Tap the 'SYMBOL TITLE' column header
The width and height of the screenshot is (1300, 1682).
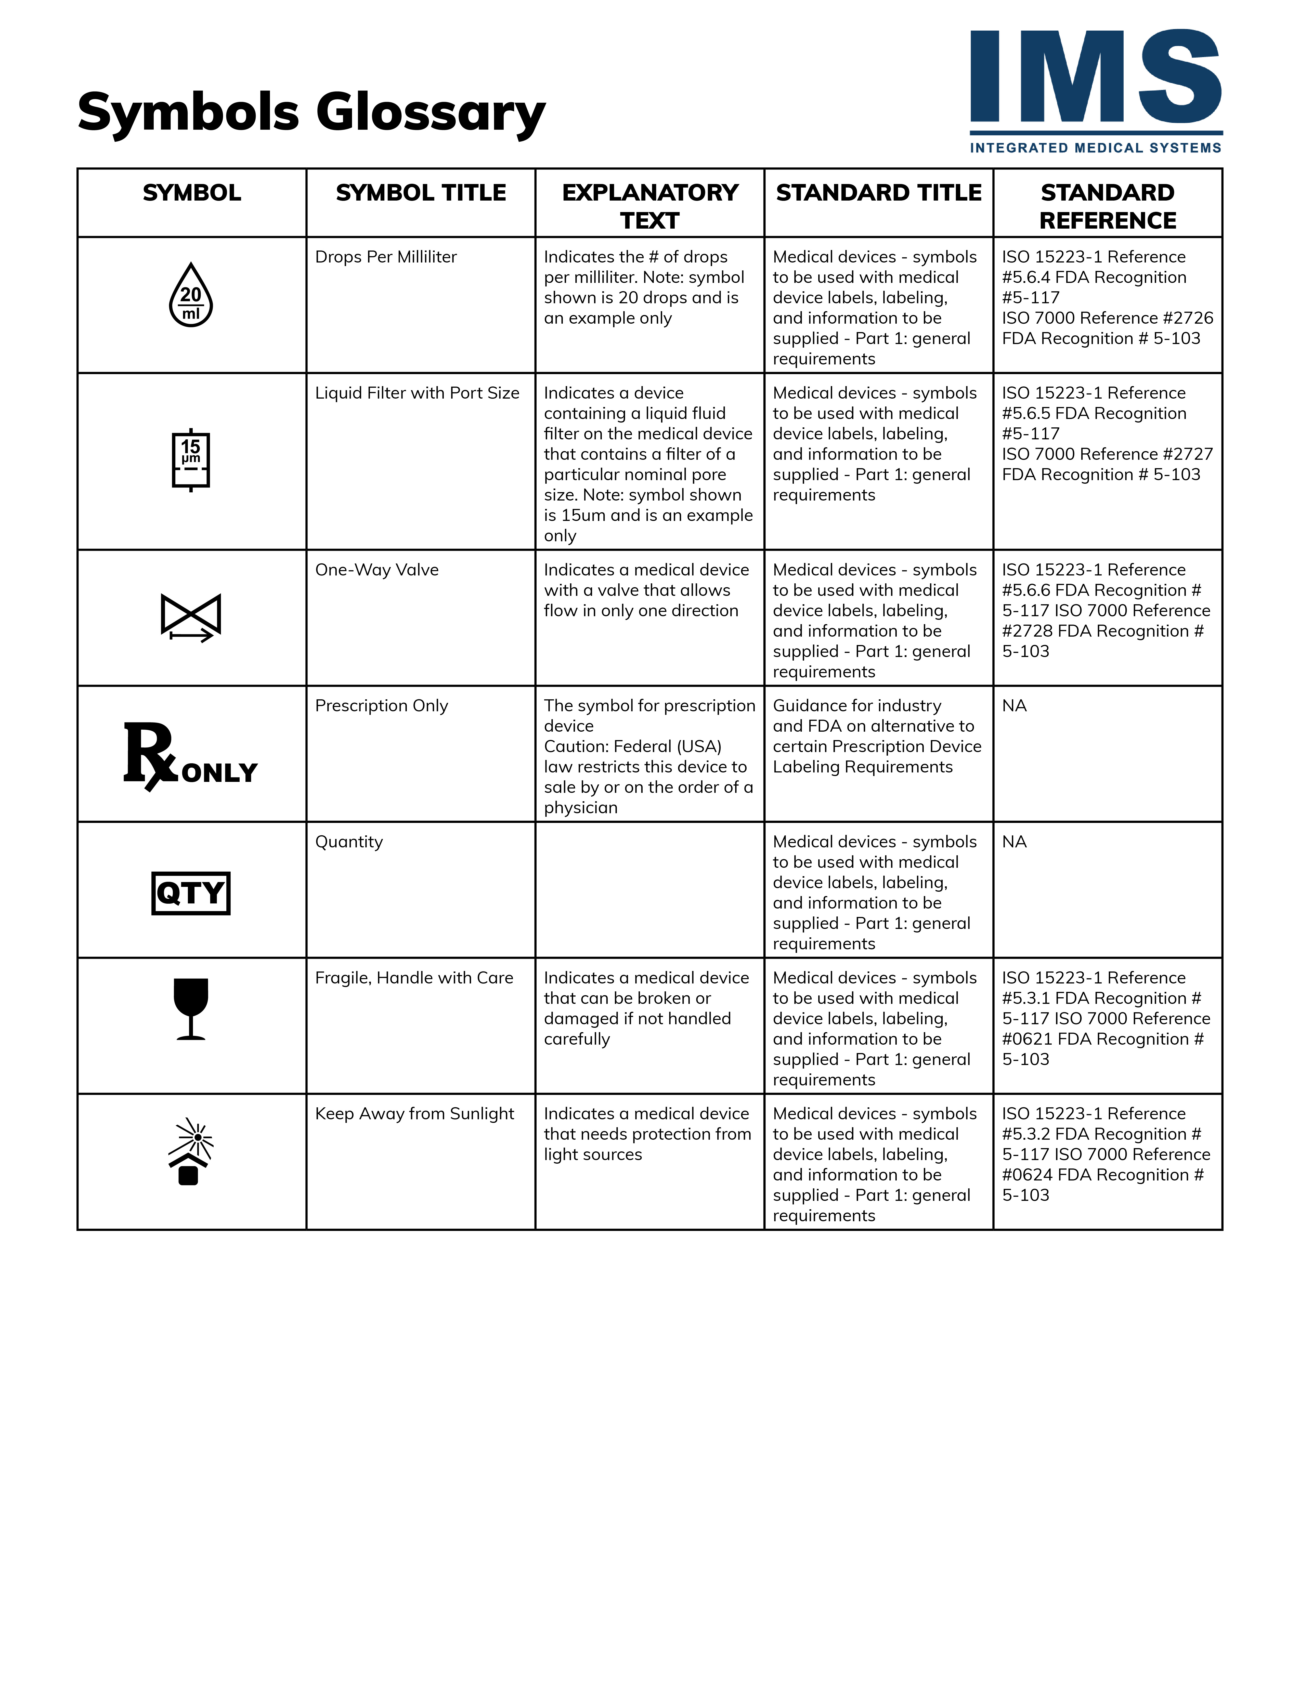(x=421, y=192)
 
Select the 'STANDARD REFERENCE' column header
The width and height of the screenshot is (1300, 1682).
(x=1108, y=206)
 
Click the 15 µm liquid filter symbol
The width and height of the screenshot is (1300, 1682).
(x=191, y=460)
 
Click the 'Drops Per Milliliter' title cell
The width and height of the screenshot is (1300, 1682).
(x=386, y=257)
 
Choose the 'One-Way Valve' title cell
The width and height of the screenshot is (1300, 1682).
(x=376, y=570)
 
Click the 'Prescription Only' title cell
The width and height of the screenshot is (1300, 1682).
(x=381, y=706)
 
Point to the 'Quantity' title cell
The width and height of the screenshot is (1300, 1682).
(x=349, y=842)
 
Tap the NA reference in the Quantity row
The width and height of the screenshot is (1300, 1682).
(x=1014, y=842)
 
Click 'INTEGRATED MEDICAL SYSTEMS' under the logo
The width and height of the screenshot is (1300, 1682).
(x=1095, y=148)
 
